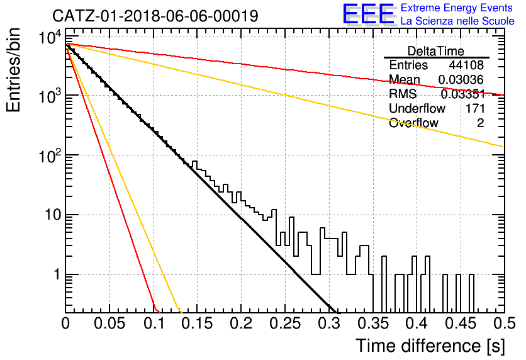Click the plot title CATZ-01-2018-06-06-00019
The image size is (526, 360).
[155, 16]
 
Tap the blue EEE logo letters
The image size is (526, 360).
[368, 14]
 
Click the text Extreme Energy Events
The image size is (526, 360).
[457, 8]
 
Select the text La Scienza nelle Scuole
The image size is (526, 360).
[457, 21]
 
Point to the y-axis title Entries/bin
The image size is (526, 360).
[13, 70]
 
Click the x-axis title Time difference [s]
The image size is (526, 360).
[430, 346]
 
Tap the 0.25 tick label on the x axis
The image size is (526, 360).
[285, 323]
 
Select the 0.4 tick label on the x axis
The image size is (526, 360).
[417, 323]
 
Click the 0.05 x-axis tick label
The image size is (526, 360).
[109, 323]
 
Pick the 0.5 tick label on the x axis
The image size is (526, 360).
[503, 323]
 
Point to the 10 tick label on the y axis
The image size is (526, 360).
[53, 215]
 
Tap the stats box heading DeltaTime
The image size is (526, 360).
[436, 51]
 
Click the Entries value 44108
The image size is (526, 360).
[467, 65]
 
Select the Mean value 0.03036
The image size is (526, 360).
[461, 79]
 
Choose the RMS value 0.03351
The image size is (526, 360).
[463, 94]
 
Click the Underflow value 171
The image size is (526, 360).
[475, 108]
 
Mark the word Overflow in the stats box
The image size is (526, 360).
[413, 123]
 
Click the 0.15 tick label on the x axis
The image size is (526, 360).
[197, 323]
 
